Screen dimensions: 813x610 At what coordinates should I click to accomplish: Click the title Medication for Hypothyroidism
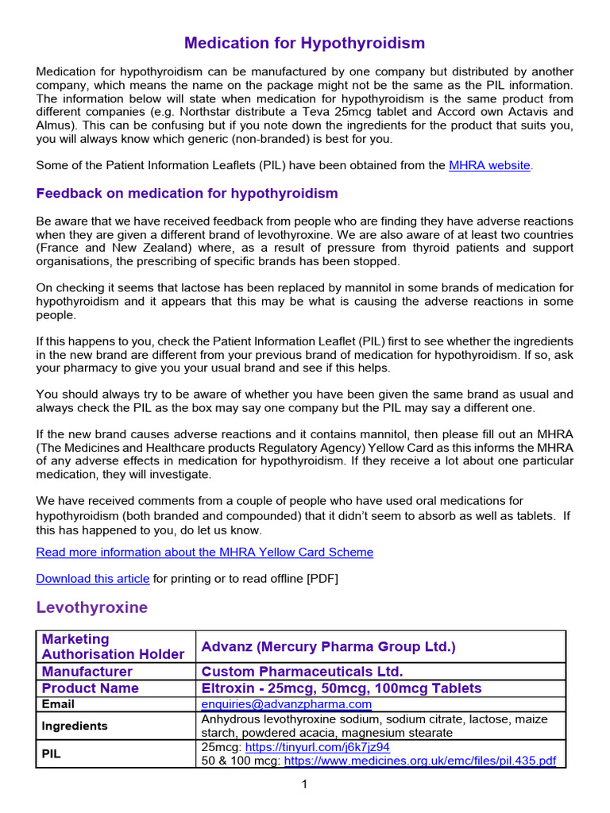304,43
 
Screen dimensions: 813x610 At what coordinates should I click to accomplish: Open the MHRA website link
489,165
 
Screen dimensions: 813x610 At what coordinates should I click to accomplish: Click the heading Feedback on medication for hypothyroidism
187,194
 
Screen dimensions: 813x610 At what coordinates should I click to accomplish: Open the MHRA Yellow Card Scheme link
204,552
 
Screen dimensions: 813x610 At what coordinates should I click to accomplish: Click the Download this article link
93,579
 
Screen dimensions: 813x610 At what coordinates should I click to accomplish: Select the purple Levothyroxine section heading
91,607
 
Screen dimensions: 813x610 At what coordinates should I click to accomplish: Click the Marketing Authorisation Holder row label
114,646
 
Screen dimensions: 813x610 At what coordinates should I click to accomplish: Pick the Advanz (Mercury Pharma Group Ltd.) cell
329,647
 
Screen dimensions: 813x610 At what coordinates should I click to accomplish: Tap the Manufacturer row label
87,672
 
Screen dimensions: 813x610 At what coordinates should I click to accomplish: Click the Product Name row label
90,688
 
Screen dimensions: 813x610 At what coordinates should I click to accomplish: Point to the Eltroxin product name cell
342,688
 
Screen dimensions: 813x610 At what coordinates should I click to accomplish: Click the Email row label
58,704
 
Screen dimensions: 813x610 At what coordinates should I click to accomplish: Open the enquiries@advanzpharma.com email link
287,704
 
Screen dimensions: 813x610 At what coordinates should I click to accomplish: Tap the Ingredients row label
75,726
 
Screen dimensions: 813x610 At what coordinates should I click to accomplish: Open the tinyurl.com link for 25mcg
318,747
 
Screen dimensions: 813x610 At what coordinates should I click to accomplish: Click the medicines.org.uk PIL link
420,761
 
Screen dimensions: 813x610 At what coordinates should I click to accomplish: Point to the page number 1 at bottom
304,784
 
